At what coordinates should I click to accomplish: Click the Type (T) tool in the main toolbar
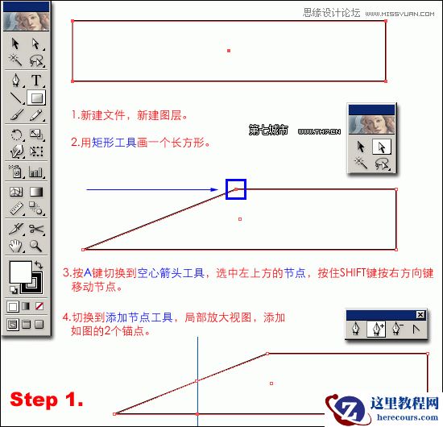(36, 80)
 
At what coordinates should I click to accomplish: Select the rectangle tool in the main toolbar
(36, 97)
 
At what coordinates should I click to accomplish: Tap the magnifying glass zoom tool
(36, 246)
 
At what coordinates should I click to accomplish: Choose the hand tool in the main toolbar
(15, 246)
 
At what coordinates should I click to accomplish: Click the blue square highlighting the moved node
(235, 189)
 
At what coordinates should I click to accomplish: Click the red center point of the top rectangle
(229, 51)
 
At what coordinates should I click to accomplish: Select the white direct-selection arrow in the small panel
(383, 146)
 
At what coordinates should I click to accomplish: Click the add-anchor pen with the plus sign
(374, 329)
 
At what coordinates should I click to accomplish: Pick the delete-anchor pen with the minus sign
(396, 329)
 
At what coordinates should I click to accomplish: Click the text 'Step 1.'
(46, 399)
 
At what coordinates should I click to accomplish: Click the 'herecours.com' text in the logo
(400, 416)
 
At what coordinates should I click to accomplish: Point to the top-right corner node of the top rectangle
(385, 21)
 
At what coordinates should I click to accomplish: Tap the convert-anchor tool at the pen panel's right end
(416, 329)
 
